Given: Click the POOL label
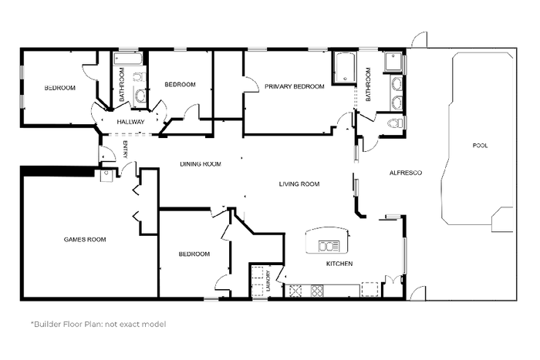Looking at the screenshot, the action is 480,146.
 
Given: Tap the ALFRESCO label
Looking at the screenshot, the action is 405,173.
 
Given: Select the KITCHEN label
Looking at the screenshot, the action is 339,264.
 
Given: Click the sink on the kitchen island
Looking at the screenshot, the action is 329,246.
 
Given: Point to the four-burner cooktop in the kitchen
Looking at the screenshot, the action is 317,291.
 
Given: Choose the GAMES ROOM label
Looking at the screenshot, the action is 85,240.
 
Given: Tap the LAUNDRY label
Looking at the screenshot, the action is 268,281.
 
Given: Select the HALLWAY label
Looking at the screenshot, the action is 130,122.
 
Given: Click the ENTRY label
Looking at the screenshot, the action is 125,150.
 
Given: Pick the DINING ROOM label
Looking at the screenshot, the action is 201,164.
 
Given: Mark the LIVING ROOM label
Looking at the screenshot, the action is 299,184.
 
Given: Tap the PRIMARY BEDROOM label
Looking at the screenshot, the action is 295,86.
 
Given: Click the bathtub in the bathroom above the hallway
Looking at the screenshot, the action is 128,59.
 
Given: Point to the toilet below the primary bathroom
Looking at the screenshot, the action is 395,123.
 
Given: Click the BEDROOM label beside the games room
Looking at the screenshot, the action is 194,254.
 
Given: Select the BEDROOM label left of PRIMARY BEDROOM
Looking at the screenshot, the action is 180,85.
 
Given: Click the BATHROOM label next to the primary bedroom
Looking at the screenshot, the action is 368,85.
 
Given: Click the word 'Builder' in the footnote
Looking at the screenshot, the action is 46,325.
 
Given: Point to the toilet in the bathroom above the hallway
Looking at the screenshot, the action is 139,77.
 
